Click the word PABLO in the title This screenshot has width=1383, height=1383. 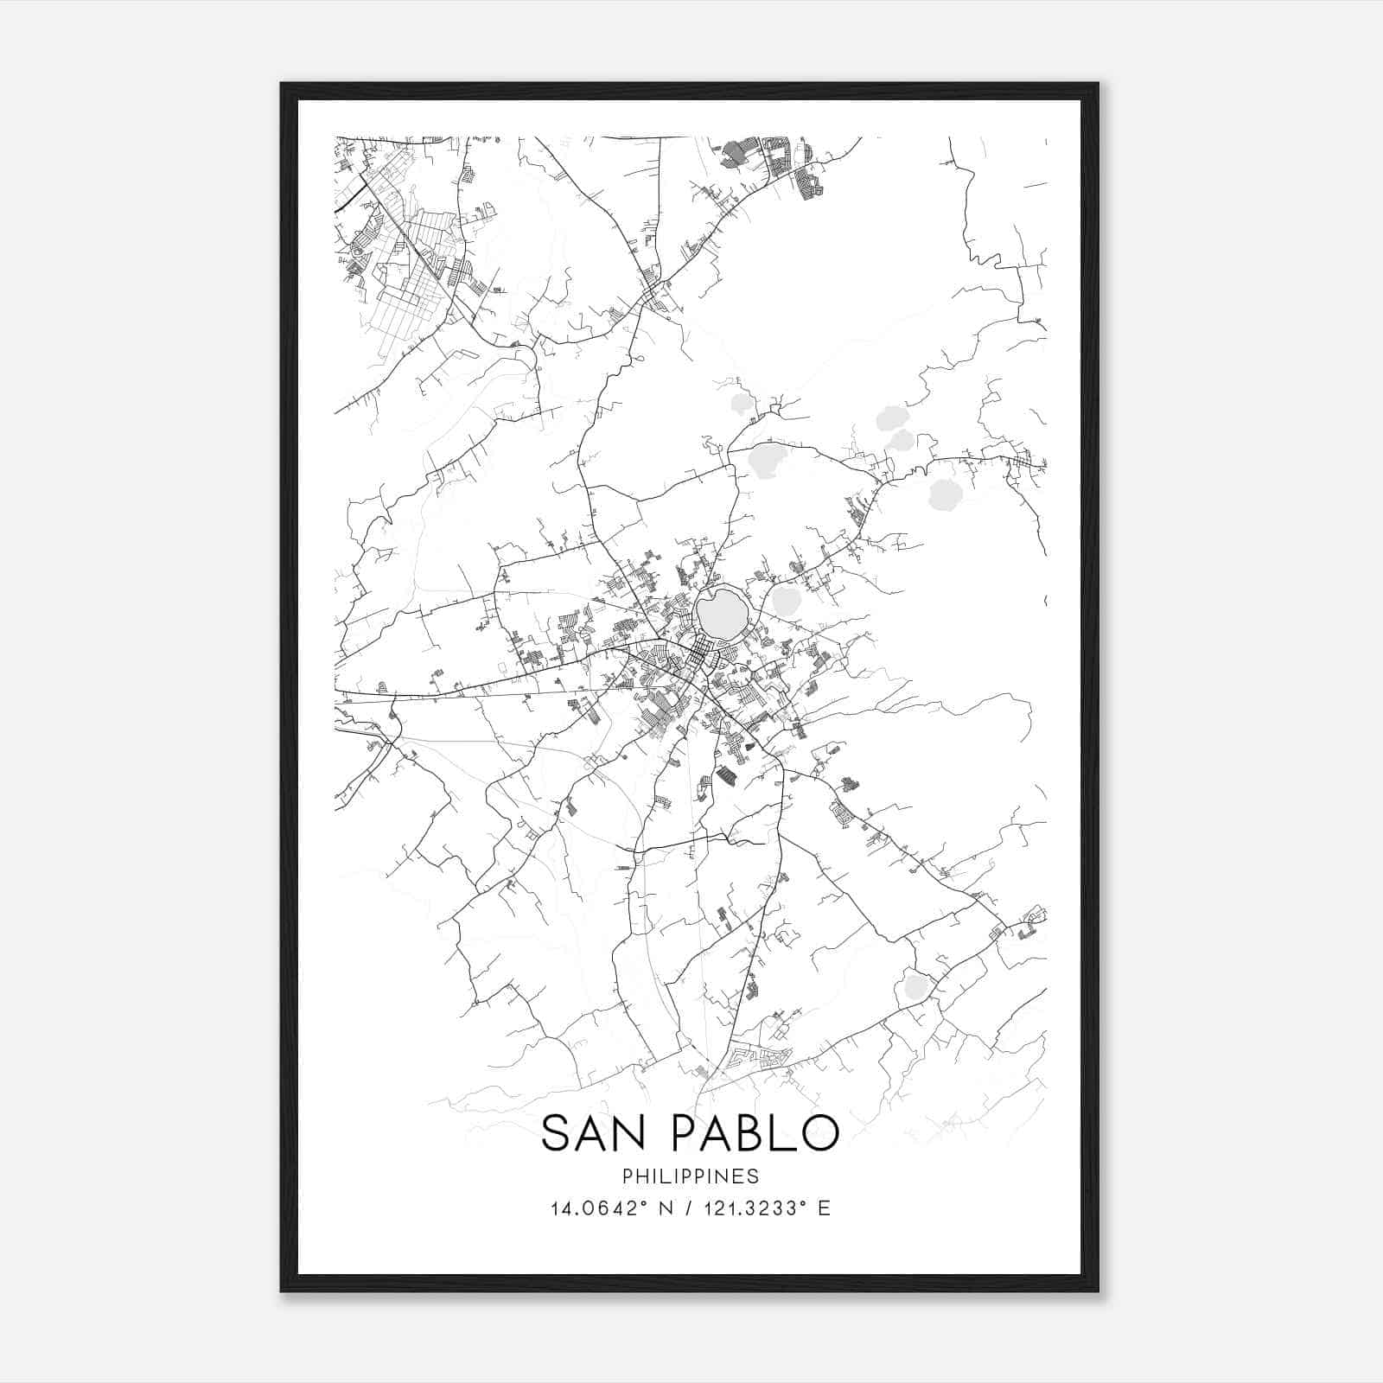coord(752,1133)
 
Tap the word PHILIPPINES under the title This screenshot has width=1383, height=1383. coord(690,1176)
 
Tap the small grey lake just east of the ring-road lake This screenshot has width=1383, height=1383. coord(786,602)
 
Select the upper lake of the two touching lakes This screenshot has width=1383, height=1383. coord(889,421)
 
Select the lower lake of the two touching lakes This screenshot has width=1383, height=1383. coord(902,441)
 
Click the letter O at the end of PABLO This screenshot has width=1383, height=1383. coord(817,1133)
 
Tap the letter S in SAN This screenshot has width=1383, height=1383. coord(556,1133)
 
